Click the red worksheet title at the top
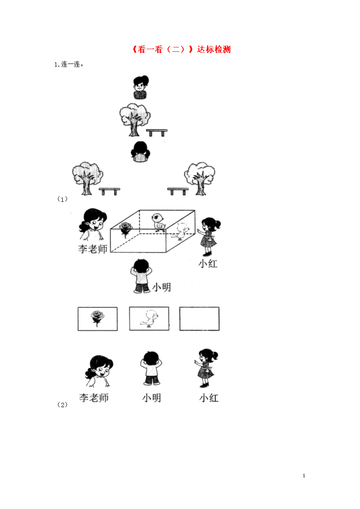[182, 49]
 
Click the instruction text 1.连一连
[69, 64]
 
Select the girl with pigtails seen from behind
[140, 151]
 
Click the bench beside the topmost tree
[157, 132]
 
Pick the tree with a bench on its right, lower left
[87, 178]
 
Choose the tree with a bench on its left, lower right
[199, 178]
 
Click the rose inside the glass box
[125, 228]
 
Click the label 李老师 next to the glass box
[93, 249]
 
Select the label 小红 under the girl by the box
[208, 264]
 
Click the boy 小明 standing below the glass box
[141, 276]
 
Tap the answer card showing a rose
[98, 319]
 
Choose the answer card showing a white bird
[149, 318]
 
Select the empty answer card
[199, 318]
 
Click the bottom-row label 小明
[152, 398]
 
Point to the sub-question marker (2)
[62, 405]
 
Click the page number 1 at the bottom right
[304, 476]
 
